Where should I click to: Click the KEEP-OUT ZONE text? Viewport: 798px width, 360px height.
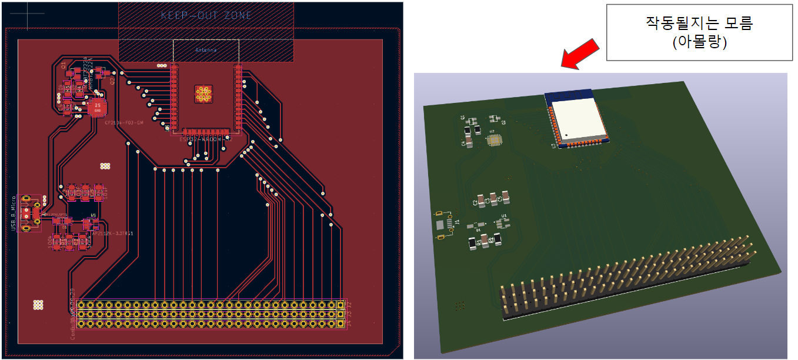coord(206,15)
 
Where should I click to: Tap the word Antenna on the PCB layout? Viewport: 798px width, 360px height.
coord(206,50)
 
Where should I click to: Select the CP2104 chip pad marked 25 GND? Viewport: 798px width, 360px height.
coord(98,107)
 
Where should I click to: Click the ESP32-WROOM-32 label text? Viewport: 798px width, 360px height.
coord(206,139)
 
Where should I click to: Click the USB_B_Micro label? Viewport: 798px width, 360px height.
coord(14,212)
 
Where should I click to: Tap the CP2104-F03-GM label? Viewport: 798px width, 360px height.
coord(124,123)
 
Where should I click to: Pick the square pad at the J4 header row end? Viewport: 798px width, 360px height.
coord(340,324)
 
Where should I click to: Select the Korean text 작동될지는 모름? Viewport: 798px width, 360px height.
coord(699,24)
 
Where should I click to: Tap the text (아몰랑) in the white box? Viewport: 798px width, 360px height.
coord(699,42)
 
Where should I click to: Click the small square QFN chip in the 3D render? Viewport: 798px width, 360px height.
coord(495,140)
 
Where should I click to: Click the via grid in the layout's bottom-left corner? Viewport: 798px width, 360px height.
coord(38,304)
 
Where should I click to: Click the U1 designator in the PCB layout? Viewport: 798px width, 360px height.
coord(93,215)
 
